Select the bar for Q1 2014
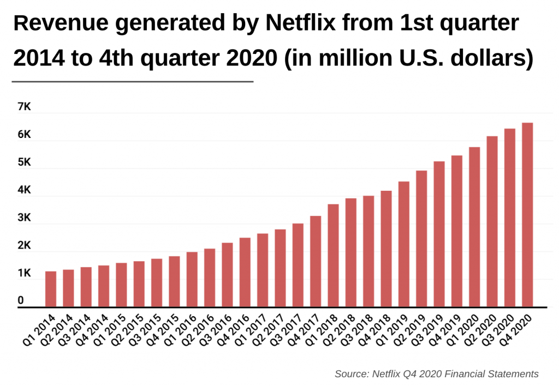coord(51,289)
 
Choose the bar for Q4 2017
coord(316,261)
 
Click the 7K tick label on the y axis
coord(24,107)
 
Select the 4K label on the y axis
coord(24,191)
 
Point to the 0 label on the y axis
coord(21,301)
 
